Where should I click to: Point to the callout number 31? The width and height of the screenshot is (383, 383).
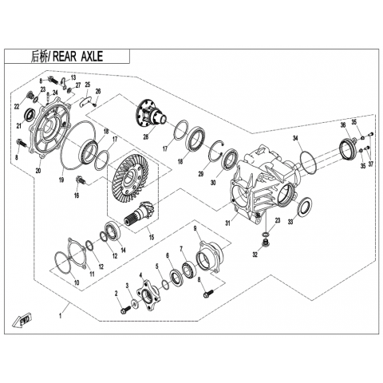coord(228,223)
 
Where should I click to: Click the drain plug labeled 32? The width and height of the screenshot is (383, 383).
coord(265,243)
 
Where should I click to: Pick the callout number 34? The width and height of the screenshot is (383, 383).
coord(295,138)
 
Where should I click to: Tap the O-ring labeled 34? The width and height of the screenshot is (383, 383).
coord(308,162)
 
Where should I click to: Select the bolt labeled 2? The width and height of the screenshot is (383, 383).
coord(125,309)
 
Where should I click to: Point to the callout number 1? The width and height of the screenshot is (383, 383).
coord(61,317)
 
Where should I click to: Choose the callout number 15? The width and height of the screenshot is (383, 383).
coord(152,237)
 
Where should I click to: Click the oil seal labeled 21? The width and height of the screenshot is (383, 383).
coord(30,115)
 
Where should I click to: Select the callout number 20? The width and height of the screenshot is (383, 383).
coord(38,171)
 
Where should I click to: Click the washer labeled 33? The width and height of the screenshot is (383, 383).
coord(304,207)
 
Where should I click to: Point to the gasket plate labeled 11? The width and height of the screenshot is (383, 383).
coord(77,253)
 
